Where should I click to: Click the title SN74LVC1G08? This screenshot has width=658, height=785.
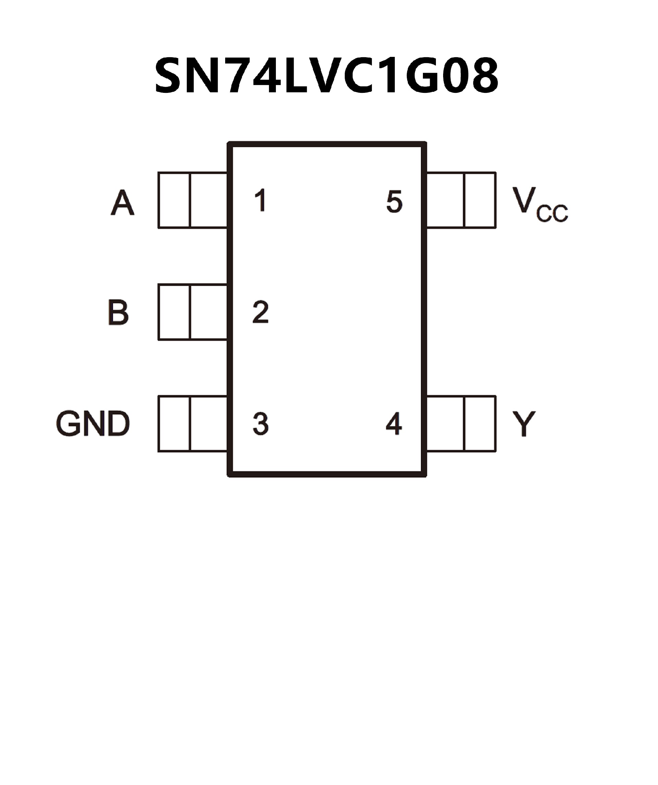326,76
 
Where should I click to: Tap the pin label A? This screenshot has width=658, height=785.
122,203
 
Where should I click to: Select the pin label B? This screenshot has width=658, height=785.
118,312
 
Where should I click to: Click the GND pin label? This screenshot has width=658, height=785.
93,424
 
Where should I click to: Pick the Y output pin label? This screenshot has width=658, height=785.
524,424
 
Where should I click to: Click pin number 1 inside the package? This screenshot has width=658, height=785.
260,200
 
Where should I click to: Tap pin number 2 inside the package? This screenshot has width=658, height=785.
260,312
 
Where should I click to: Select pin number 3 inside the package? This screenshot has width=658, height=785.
260,424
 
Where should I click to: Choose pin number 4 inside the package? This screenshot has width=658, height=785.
394,424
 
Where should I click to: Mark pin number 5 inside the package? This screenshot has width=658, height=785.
394,202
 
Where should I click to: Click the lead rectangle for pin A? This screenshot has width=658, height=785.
193,200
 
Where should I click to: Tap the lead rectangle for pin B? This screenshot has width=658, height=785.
193,312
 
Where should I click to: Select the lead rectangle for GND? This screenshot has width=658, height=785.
193,423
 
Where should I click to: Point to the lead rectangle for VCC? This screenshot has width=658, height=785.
461,200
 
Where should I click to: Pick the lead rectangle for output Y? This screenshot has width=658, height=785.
461,423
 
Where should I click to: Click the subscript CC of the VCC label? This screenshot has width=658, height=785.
552,213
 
